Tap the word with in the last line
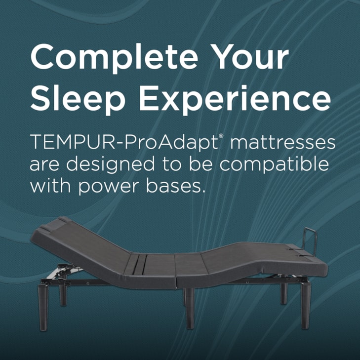click(47, 186)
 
